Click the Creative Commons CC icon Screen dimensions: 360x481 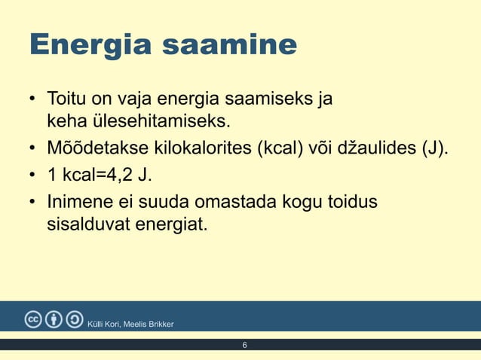(33, 319)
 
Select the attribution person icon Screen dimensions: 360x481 (54, 319)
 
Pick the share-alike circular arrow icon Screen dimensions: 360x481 (75, 319)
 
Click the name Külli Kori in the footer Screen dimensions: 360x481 (105, 324)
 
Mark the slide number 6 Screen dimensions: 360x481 (244, 345)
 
